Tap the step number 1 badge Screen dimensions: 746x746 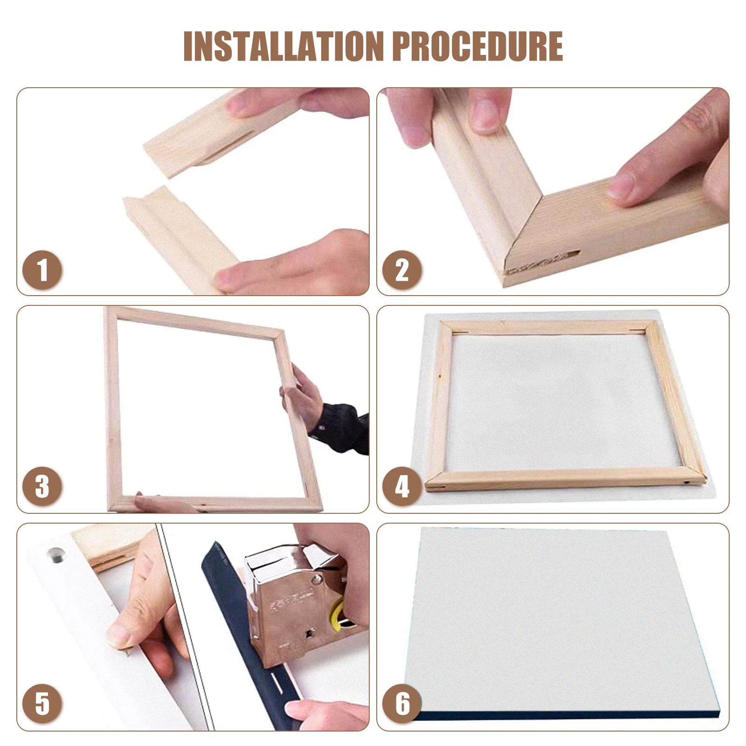point(42,270)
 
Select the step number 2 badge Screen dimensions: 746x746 point(402,270)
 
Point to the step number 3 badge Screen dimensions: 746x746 point(42,487)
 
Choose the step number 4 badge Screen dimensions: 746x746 point(402,487)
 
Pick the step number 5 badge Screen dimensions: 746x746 point(42,704)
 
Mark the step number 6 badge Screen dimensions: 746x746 point(402,704)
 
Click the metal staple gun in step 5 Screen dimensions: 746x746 point(298,601)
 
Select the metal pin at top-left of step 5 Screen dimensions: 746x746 point(56,554)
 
